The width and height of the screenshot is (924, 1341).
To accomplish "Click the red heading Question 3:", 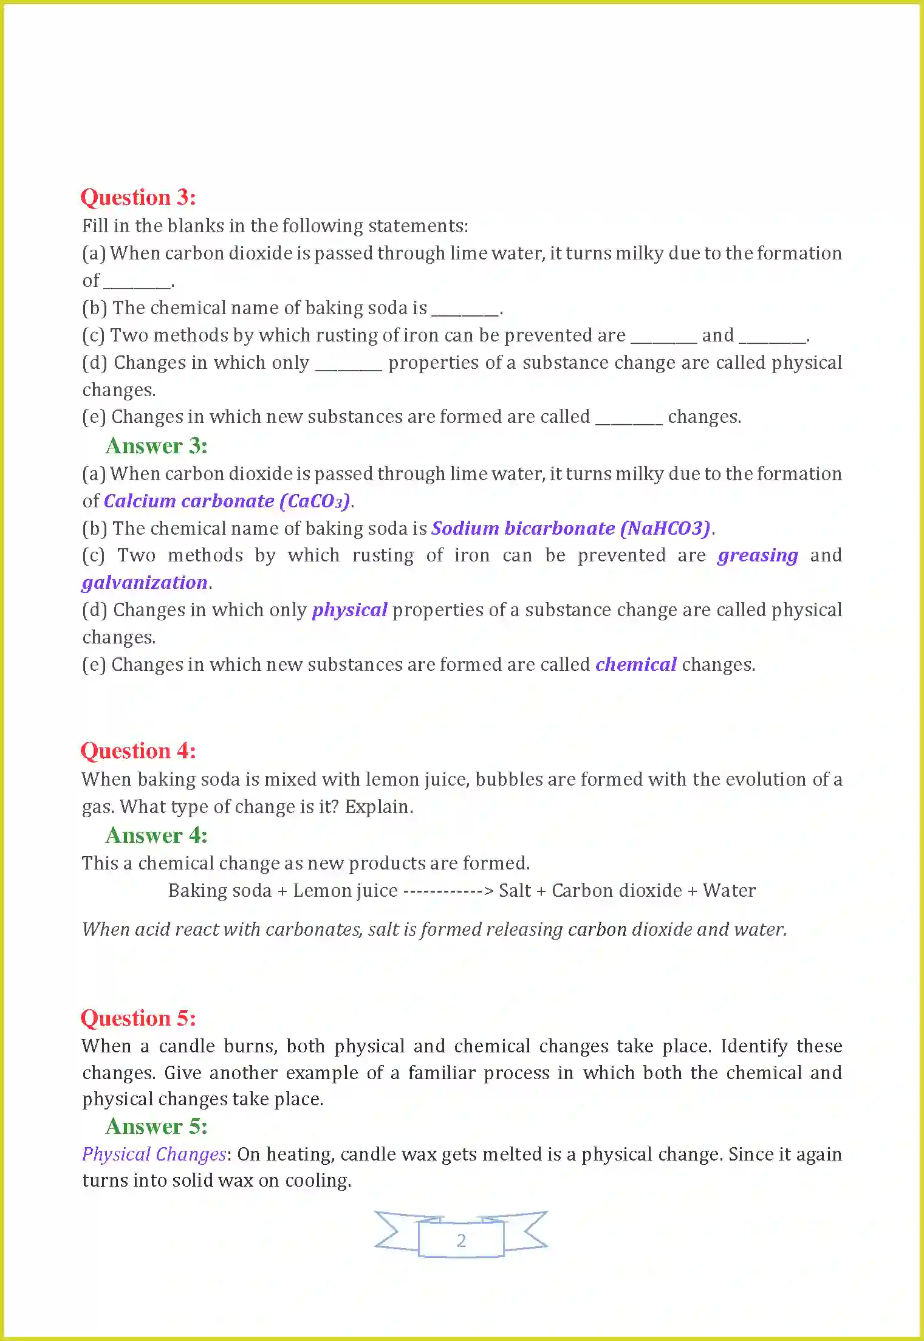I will coord(138,197).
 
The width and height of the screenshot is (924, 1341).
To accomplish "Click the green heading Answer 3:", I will coord(156,446).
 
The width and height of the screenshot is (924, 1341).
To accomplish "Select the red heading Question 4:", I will coord(138,751).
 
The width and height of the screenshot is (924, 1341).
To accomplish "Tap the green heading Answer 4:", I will coord(156,835).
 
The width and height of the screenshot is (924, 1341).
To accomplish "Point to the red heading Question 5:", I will coord(138,1018).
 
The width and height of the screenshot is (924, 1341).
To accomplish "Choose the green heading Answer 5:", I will coord(156,1127).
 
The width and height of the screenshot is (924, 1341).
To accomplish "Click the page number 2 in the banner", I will coord(461,1240).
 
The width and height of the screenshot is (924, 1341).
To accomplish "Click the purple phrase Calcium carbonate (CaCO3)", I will coord(227,501).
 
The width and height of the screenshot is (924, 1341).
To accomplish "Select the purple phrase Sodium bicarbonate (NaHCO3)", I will coord(570,529).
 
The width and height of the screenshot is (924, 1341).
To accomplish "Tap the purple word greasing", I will coord(757,556).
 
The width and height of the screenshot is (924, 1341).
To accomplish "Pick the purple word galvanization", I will coord(145,583).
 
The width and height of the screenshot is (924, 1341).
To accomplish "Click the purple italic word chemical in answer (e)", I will coord(635,665).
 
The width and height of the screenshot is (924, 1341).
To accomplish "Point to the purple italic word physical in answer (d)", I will coord(349,610).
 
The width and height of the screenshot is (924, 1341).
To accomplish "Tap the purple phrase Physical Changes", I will coord(154,1154).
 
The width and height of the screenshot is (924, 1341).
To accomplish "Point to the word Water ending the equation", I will coord(729,891).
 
